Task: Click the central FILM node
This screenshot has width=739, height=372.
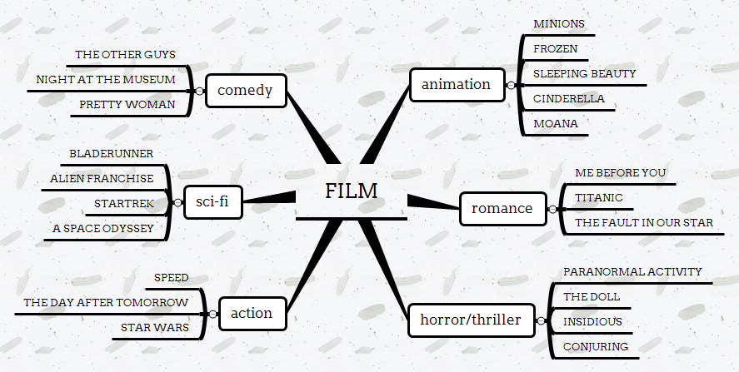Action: pyautogui.click(x=351, y=191)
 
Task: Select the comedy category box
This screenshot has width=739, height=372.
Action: pyautogui.click(x=244, y=90)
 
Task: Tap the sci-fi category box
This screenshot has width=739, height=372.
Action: pyautogui.click(x=212, y=201)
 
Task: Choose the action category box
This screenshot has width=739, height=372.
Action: pyautogui.click(x=251, y=313)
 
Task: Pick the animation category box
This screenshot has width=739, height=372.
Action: pyautogui.click(x=456, y=84)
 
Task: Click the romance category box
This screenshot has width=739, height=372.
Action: pyautogui.click(x=502, y=208)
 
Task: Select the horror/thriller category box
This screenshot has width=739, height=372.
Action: pyautogui.click(x=470, y=320)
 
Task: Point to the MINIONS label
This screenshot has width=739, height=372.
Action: pyautogui.click(x=559, y=23)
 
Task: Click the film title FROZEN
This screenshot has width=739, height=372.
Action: pyautogui.click(x=555, y=48)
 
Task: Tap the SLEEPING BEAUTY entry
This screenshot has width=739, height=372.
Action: pyautogui.click(x=584, y=73)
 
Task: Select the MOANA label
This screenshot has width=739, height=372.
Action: pyautogui.click(x=555, y=124)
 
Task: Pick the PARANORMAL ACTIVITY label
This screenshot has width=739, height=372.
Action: pyautogui.click(x=632, y=271)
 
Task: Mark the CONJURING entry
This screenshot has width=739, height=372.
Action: pyautogui.click(x=595, y=346)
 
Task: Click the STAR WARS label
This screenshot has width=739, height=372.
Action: pyautogui.click(x=154, y=327)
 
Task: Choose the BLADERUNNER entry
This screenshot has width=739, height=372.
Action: pyautogui.click(x=111, y=154)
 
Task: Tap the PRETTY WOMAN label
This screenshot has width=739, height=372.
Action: pyautogui.click(x=127, y=104)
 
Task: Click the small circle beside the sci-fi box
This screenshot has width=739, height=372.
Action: pyautogui.click(x=177, y=202)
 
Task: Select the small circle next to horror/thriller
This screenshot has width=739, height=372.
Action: pyautogui.click(x=541, y=320)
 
